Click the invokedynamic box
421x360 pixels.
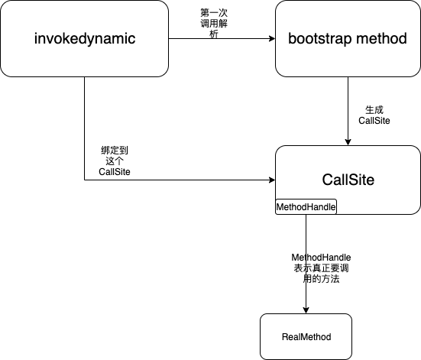point(84,38)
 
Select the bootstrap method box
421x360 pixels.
point(348,38)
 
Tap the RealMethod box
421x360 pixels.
point(306,336)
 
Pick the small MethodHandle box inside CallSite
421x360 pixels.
point(306,206)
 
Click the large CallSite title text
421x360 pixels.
point(348,180)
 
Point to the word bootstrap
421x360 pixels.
point(319,39)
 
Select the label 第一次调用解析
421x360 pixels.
point(214,24)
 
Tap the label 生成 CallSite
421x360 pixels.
point(374,115)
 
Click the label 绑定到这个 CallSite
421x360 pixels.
point(115,161)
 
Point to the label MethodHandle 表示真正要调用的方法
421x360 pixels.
point(321,268)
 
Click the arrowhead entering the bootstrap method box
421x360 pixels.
point(272,38)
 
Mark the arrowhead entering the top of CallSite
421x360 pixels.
point(348,142)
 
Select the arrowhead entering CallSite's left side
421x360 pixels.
point(272,180)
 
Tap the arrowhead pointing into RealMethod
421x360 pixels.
point(306,310)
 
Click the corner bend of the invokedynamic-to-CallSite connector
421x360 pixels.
point(85,180)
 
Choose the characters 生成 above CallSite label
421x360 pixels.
point(374,110)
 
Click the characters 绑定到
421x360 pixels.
point(115,150)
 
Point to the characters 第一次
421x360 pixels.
point(214,13)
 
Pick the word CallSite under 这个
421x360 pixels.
point(115,172)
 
